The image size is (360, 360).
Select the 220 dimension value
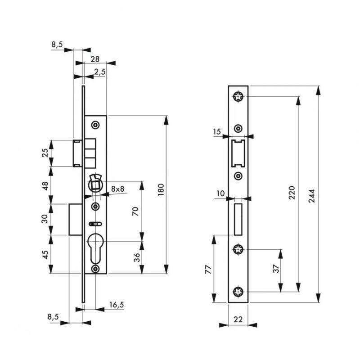[292, 193]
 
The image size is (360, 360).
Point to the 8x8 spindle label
[117, 189]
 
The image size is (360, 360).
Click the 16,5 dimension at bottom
[116, 305]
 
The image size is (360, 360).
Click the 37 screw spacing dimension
[276, 269]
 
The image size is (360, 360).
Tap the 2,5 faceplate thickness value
[100, 72]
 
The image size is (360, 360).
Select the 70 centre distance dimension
[135, 211]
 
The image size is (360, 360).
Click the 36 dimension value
[136, 257]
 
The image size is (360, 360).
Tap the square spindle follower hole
[95, 184]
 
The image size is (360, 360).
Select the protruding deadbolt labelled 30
[75, 219]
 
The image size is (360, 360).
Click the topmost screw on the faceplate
[238, 96]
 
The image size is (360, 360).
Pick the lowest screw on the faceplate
[238, 292]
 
